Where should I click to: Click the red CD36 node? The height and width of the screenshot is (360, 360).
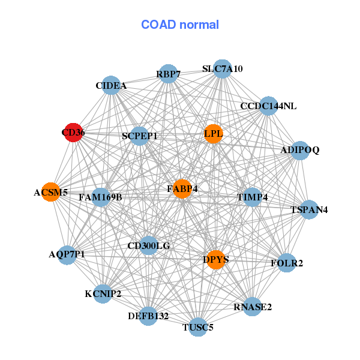pyautogui.click(x=73, y=133)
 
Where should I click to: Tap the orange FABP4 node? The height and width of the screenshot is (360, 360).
pyautogui.click(x=182, y=188)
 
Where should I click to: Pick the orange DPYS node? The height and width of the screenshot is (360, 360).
pyautogui.click(x=215, y=259)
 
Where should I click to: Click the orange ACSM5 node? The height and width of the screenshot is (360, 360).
pyautogui.click(x=51, y=192)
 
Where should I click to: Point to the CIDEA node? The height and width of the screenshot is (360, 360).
pyautogui.click(x=111, y=85)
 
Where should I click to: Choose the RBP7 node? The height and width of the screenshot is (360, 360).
pyautogui.click(x=169, y=74)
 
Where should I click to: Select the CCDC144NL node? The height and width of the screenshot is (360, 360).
pyautogui.click(x=268, y=106)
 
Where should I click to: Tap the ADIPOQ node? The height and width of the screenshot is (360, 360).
pyautogui.click(x=299, y=150)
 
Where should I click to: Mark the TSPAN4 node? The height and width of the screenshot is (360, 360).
pyautogui.click(x=309, y=209)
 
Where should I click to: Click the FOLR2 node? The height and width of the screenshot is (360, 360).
pyautogui.click(x=287, y=263)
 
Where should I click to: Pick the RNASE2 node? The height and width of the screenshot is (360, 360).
pyautogui.click(x=253, y=307)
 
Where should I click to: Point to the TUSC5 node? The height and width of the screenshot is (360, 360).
pyautogui.click(x=198, y=327)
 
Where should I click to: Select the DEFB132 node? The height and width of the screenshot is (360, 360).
pyautogui.click(x=148, y=315)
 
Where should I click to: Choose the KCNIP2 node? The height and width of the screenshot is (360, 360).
pyautogui.click(x=103, y=293)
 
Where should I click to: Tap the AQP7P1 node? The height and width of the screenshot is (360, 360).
pyautogui.click(x=67, y=254)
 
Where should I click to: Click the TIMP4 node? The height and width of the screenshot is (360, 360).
pyautogui.click(x=253, y=197)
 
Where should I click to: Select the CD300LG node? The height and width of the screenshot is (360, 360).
pyautogui.click(x=149, y=245)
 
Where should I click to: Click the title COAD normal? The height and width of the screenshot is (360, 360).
pyautogui.click(x=180, y=25)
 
